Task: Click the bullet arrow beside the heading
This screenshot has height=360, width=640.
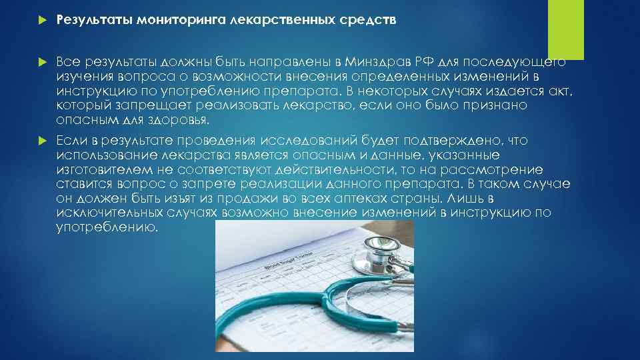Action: click(x=41, y=20)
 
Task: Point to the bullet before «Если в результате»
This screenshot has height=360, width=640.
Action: click(x=41, y=141)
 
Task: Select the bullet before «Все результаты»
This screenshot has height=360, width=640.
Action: click(x=41, y=62)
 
